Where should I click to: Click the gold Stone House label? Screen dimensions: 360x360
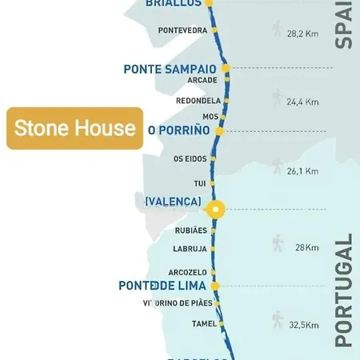[74, 129]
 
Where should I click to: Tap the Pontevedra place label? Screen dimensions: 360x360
[182, 30]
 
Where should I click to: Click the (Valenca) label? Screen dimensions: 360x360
[173, 202]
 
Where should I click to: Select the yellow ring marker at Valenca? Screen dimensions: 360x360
[215, 210]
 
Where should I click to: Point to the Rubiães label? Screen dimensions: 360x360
[190, 230]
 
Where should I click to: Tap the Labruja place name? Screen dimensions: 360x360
[190, 249]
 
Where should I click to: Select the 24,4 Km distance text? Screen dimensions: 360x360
[302, 102]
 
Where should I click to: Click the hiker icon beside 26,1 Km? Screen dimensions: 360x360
[278, 166]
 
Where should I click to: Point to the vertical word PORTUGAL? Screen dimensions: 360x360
[344, 290]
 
